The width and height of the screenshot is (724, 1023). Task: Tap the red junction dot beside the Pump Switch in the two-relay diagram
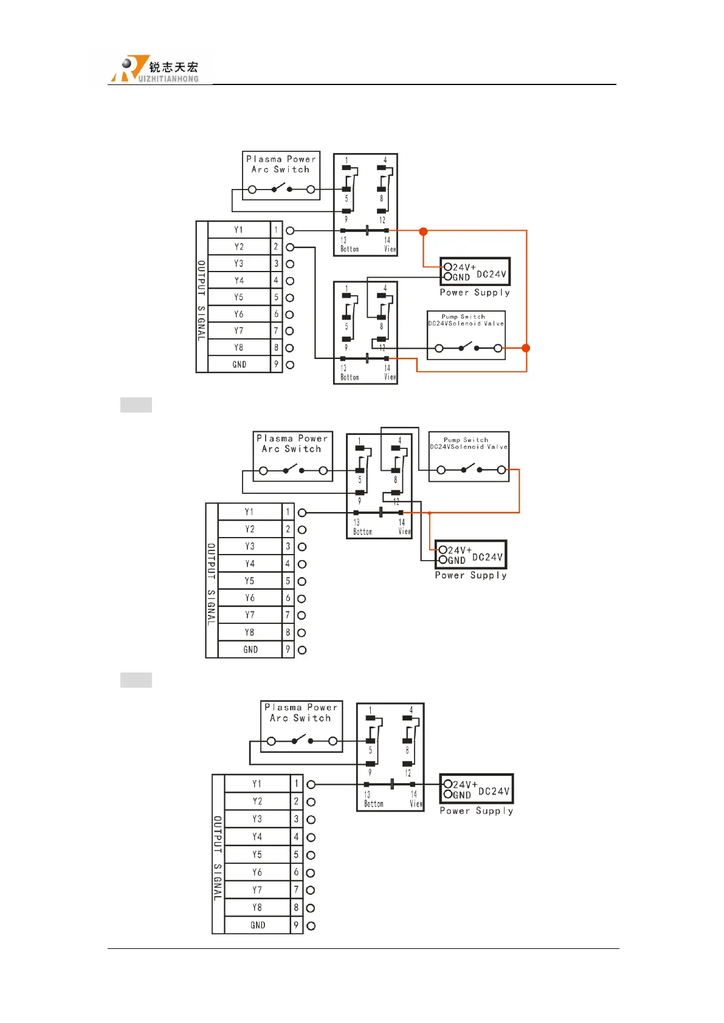526,348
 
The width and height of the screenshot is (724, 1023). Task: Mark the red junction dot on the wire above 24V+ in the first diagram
423,231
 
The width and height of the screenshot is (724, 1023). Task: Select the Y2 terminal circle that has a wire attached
290,247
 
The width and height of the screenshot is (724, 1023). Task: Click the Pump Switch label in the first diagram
463,316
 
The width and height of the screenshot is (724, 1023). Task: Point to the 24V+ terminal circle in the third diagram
447,784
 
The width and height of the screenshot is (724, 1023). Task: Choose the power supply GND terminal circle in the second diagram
443,559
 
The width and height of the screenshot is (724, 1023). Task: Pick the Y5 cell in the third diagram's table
257,855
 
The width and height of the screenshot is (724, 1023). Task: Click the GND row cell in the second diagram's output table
250,649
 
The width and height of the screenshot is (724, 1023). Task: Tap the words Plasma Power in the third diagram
301,707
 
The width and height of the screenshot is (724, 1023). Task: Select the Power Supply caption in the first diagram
475,293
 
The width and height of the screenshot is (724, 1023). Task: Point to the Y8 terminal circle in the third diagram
311,908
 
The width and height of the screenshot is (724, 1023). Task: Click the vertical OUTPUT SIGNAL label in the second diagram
212,584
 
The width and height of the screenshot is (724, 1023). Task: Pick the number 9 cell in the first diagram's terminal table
276,364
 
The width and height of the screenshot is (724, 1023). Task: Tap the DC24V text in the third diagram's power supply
494,791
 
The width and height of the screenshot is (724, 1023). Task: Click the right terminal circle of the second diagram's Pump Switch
502,470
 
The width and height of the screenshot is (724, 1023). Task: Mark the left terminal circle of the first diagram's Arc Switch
252,190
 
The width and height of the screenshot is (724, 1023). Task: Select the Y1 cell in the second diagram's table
249,512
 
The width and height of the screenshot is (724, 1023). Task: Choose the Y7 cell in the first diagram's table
239,331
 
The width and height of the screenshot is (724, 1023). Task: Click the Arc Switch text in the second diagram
292,449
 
